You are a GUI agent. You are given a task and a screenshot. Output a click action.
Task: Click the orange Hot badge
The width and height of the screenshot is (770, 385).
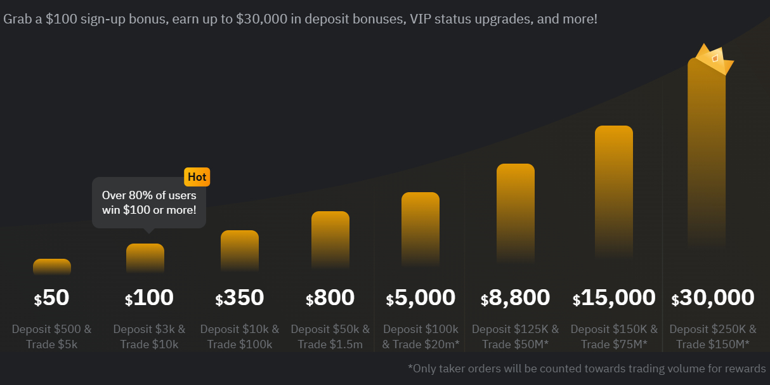click(197, 177)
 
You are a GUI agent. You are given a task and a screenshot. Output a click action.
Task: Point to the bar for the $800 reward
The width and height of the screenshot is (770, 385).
click(330, 240)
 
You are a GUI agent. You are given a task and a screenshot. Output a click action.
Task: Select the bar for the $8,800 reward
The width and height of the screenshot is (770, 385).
click(516, 212)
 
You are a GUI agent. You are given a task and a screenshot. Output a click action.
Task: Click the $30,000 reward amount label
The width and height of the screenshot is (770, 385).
click(713, 297)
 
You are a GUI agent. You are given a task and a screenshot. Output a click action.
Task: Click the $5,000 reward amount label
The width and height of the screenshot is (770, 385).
click(421, 297)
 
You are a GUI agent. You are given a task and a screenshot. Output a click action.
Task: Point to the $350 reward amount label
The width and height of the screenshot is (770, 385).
click(240, 297)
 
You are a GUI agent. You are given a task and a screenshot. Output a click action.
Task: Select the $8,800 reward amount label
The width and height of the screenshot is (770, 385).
click(515, 297)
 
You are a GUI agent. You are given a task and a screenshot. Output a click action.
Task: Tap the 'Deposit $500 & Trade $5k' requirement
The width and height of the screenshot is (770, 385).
click(52, 337)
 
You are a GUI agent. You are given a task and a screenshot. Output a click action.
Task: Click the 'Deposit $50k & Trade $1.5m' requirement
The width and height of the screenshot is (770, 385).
click(330, 337)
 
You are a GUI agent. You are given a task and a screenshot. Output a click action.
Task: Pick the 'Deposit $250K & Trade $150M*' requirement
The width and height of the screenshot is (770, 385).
click(713, 337)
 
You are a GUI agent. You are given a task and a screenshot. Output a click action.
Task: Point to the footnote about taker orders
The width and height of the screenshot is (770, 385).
click(587, 369)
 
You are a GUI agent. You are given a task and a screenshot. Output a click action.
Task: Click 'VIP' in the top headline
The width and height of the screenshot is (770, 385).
click(421, 19)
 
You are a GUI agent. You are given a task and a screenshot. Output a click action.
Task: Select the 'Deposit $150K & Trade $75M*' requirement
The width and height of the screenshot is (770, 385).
click(614, 337)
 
